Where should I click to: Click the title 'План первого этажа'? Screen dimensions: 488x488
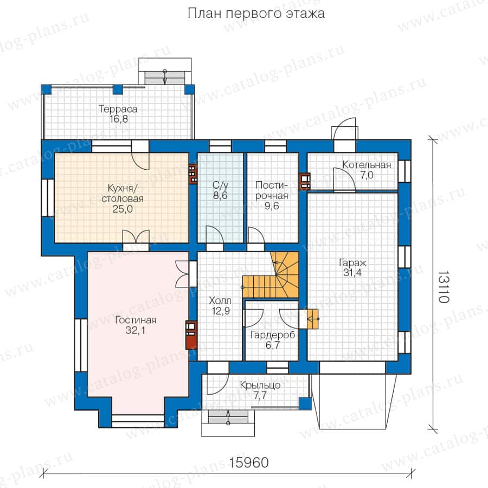coord(256,14)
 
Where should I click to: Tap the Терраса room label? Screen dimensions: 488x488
coord(118,109)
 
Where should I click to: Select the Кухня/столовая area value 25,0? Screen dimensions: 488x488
coord(123,209)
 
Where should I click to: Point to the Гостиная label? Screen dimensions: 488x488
coord(136,320)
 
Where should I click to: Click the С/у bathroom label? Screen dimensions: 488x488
coord(220,185)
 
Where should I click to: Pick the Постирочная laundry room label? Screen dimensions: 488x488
coord(272,190)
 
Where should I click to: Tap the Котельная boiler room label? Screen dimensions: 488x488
coord(367,165)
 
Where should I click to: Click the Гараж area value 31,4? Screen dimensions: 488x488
coord(352,273)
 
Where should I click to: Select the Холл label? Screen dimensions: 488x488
coord(220,300)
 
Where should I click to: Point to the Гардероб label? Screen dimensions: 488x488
coord(273,335)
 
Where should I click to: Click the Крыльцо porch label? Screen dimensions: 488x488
coord(260,386)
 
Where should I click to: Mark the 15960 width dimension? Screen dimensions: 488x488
coord(249,463)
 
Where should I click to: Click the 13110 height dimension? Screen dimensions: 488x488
coord(443,286)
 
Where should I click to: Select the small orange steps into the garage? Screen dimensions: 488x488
coord(313,319)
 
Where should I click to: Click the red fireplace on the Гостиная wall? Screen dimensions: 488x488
coord(190,335)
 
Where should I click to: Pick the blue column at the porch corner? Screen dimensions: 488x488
coord(305,403)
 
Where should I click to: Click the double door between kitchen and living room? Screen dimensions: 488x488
coord(136,240)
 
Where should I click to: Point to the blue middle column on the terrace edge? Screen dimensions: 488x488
coord(118,89)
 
